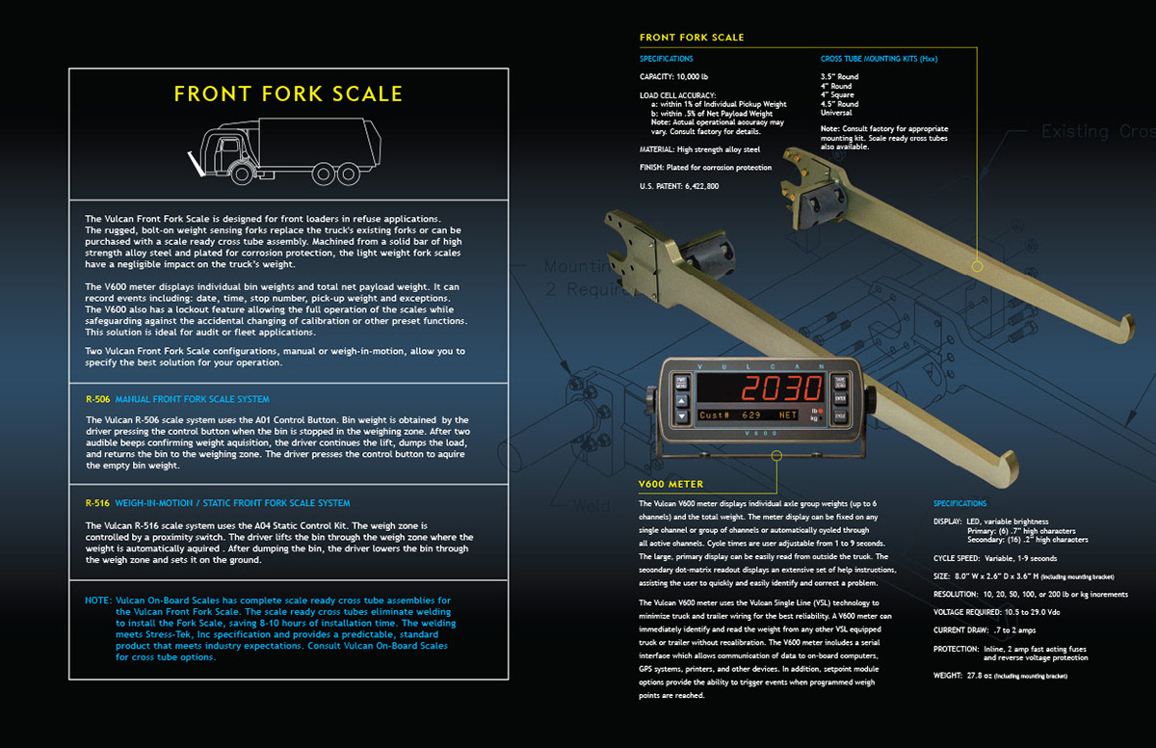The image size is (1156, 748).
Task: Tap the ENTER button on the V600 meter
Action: click(840, 398)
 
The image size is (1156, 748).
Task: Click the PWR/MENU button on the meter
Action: click(681, 383)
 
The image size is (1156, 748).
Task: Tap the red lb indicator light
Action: click(820, 412)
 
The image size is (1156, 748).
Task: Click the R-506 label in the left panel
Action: click(96, 399)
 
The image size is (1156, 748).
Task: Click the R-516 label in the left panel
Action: click(96, 503)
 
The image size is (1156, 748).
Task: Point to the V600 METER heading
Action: click(670, 484)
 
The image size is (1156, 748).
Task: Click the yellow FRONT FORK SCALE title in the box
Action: click(288, 94)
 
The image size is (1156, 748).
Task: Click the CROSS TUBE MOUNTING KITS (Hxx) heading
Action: click(879, 59)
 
